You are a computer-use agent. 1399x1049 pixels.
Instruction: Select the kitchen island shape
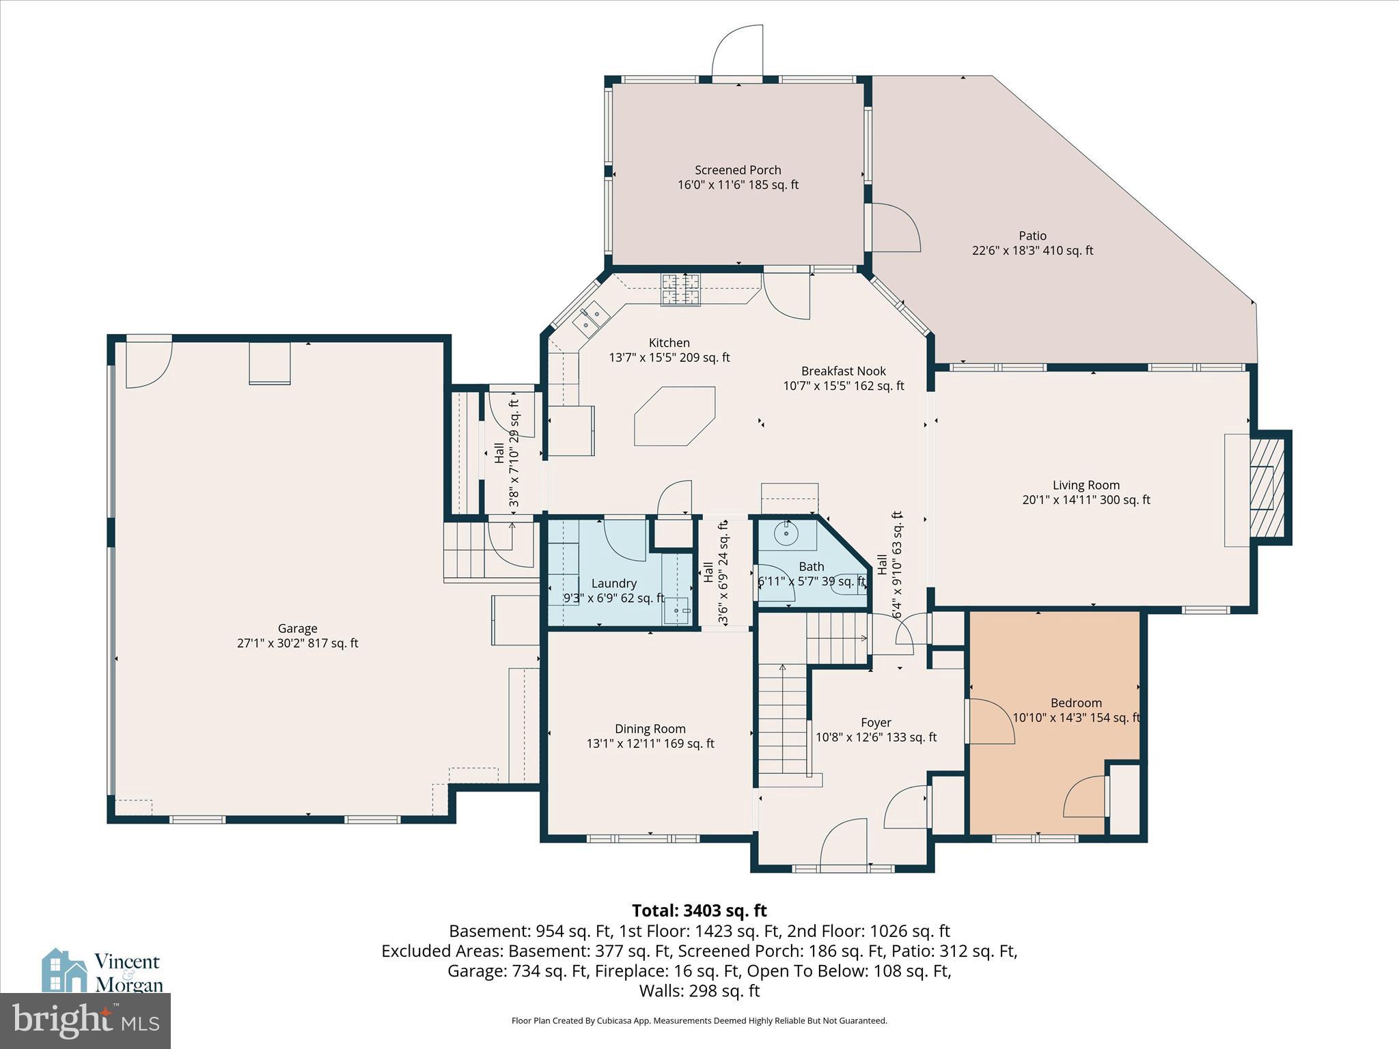[x=675, y=416]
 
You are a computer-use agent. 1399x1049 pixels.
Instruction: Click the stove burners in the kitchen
[x=680, y=290]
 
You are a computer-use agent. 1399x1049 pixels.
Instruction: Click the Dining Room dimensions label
[x=650, y=744]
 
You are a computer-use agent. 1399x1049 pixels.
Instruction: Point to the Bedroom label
[x=1076, y=703]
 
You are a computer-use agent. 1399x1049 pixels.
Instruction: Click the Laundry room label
[x=613, y=583]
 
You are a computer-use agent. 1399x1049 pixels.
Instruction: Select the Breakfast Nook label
[x=843, y=371]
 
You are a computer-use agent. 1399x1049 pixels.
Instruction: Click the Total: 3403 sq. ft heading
[x=699, y=910]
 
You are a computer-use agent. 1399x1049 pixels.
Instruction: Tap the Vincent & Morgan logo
[x=102, y=972]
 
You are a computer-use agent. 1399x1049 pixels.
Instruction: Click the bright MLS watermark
[x=85, y=1020]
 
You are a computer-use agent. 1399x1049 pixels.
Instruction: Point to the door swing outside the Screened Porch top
[x=737, y=51]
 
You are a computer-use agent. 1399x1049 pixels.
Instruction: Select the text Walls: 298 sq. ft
[x=699, y=990]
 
